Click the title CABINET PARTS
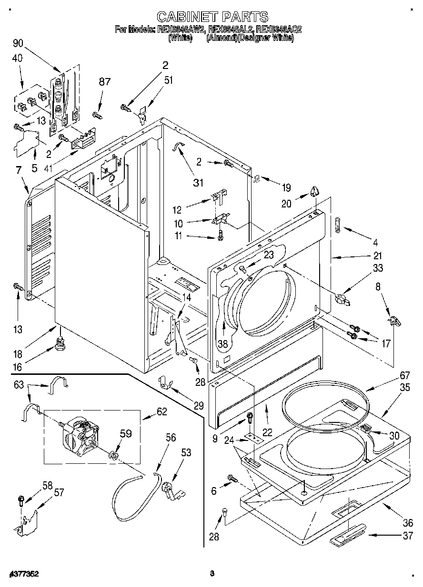pyautogui.click(x=212, y=17)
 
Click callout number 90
pyautogui.click(x=18, y=44)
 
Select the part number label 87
pyautogui.click(x=104, y=81)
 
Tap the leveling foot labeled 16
pyautogui.click(x=60, y=344)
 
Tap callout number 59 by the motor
pyautogui.click(x=125, y=433)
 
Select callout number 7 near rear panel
pyautogui.click(x=18, y=170)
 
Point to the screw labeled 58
pyautogui.click(x=21, y=500)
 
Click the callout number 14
pyautogui.click(x=186, y=297)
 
